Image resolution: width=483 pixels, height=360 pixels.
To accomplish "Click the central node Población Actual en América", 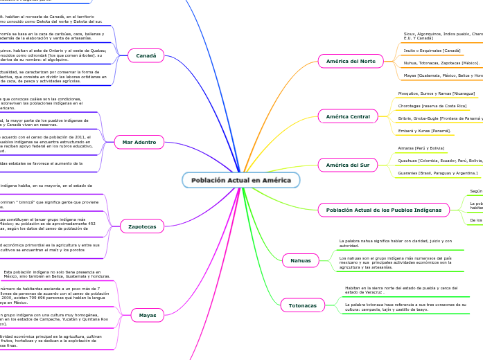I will (x=241, y=180).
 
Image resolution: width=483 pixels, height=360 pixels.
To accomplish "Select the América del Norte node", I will (x=350, y=62).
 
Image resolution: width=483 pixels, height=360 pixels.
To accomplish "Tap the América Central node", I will (x=348, y=116).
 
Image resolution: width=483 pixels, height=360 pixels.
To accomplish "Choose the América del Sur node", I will (x=348, y=165).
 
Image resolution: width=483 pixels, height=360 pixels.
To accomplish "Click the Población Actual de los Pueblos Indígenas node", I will (x=374, y=209).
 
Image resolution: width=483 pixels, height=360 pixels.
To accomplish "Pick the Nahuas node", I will (x=301, y=260).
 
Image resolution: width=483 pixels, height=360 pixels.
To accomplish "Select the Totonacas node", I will (x=301, y=305).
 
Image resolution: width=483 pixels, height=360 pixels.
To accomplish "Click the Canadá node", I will (x=145, y=56).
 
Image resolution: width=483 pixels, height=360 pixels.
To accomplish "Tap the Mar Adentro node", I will (x=139, y=142).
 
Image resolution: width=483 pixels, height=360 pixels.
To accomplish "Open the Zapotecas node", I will (x=142, y=226).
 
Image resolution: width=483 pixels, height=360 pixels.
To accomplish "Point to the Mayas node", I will (x=147, y=315).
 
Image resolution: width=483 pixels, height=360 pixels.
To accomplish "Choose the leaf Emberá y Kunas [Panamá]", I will (x=425, y=130).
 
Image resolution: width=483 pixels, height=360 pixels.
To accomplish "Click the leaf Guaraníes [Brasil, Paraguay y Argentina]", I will (x=437, y=173).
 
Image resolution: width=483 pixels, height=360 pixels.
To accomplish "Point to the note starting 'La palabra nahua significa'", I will (x=395, y=243).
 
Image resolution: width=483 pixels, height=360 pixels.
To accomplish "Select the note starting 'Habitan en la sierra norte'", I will (x=401, y=289).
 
